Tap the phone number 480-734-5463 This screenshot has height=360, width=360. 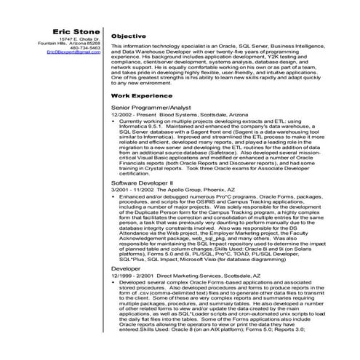point(86,48)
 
